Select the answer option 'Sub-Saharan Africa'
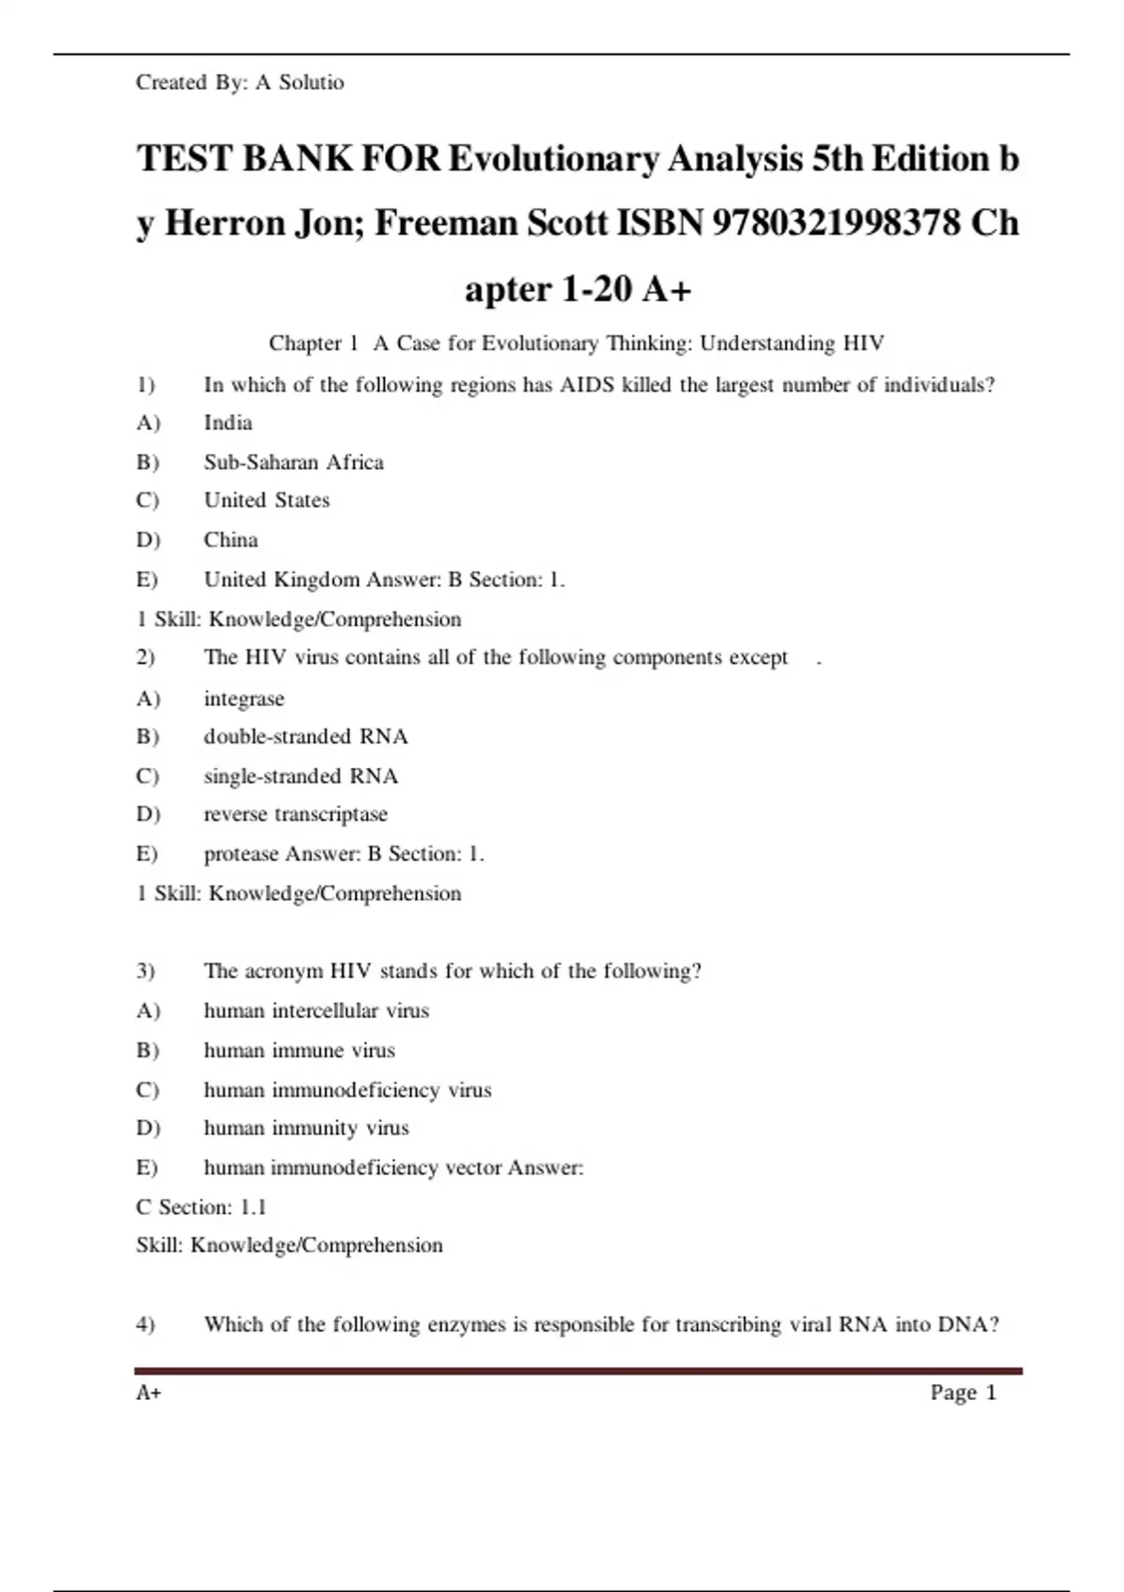click(x=293, y=462)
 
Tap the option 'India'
click(x=228, y=422)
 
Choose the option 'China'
click(x=230, y=539)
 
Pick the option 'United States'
click(x=267, y=500)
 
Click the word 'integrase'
click(x=244, y=699)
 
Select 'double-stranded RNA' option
click(x=305, y=736)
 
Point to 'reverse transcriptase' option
click(x=295, y=814)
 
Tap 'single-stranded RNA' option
click(x=301, y=775)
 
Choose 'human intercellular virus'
click(x=316, y=1010)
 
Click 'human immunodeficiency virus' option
click(x=347, y=1089)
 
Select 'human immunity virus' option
click(x=305, y=1128)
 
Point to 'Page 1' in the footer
click(x=963, y=1393)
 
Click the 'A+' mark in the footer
click(x=148, y=1393)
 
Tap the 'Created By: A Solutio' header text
click(x=240, y=82)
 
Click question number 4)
click(x=145, y=1324)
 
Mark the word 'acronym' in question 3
click(x=283, y=971)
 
